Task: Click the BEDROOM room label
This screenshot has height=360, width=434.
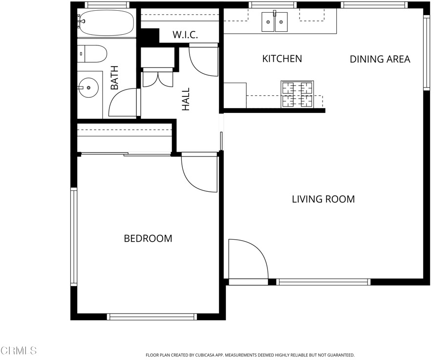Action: (148, 238)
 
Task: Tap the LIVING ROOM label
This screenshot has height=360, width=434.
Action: (323, 199)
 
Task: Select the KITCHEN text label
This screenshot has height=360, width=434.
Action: (282, 59)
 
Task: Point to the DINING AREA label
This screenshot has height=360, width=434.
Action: (380, 59)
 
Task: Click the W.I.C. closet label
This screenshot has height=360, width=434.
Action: (185, 35)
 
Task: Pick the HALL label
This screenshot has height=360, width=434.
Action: (186, 99)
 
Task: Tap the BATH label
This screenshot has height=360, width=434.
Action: (114, 78)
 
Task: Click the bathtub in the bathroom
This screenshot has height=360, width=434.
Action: (106, 23)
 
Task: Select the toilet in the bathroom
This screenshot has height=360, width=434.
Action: (92, 54)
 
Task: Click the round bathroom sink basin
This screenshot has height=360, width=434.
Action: (88, 88)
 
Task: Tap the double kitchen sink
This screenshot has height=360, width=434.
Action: (275, 22)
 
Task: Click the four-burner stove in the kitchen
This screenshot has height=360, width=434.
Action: (297, 94)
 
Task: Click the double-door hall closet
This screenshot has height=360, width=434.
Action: (158, 79)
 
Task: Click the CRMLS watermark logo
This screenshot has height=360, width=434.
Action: (18, 351)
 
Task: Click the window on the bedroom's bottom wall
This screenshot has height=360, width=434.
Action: (152, 316)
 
